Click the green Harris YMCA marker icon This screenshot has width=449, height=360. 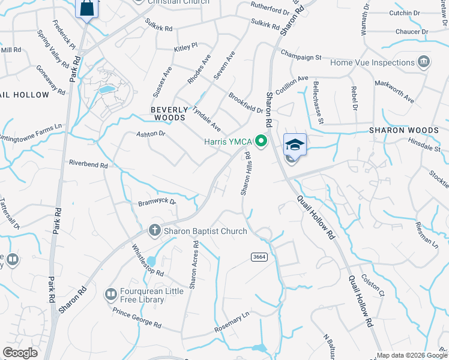(261, 142)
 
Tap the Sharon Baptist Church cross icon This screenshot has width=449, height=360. (154, 231)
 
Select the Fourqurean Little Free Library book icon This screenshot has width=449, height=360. (110, 294)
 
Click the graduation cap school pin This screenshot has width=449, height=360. (295, 145)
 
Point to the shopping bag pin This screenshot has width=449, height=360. (88, 8)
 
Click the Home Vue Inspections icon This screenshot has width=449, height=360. (424, 62)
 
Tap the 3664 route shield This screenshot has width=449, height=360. (259, 256)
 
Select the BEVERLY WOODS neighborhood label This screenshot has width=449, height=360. (168, 113)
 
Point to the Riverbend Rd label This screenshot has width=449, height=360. (88, 164)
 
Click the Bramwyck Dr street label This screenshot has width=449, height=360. (157, 202)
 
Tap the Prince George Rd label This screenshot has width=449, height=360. (137, 317)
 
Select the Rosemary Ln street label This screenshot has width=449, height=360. (231, 325)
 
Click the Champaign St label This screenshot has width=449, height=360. (301, 57)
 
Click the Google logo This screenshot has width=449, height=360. (20, 353)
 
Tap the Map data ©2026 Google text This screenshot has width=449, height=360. (411, 355)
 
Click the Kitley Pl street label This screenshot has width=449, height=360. (185, 46)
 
